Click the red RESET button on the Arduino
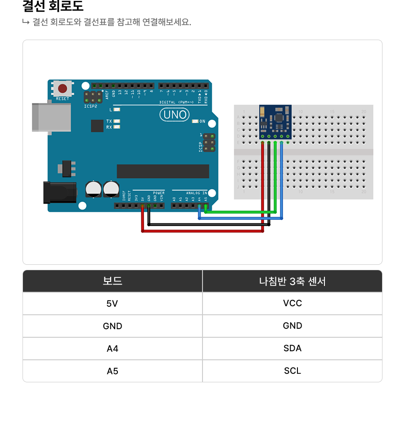[63, 88]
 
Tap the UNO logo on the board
[175, 115]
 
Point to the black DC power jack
[58, 192]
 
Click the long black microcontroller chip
[163, 171]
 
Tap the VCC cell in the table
[292, 303]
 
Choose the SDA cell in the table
[292, 348]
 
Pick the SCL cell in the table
[292, 371]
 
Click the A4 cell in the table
[112, 348]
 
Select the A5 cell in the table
[112, 371]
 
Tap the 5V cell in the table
[112, 304]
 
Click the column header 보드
[112, 281]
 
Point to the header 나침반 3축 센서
[292, 281]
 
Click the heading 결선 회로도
[53, 7]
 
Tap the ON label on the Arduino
[202, 122]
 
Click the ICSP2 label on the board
[90, 107]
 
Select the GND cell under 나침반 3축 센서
[292, 326]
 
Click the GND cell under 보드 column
[112, 326]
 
